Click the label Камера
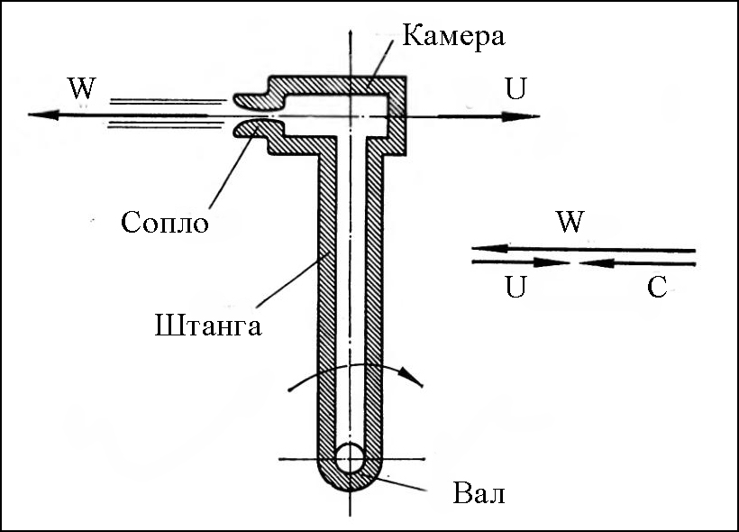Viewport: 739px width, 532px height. click(453, 37)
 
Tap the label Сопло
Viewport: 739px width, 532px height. click(165, 221)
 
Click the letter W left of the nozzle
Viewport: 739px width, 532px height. click(80, 89)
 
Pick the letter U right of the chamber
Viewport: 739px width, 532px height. click(517, 89)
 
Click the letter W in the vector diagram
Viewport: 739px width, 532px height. click(569, 223)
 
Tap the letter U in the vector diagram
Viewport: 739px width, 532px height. click(515, 288)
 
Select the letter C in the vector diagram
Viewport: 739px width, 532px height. click(657, 288)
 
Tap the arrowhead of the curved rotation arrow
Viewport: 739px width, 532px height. click(414, 377)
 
